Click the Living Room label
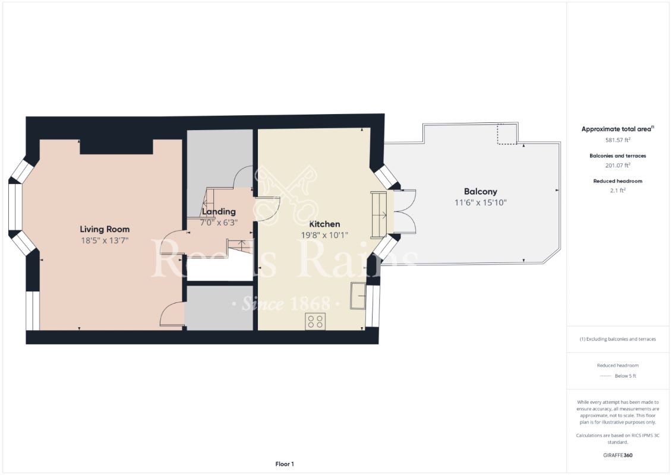coord(105,229)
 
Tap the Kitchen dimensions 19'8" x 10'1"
coord(324,235)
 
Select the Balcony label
coord(480,192)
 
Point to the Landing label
coord(219,211)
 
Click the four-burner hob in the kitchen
coord(316,321)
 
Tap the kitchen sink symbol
coord(358,296)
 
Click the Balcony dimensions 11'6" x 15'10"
coord(480,202)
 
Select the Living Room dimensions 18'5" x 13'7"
coord(105,240)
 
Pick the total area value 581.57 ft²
coord(617,140)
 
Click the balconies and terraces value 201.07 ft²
coord(617,166)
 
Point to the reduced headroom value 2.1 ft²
coord(617,191)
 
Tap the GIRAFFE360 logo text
coord(617,456)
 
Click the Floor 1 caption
coord(285,464)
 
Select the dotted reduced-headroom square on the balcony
coord(506,135)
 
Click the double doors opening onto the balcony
coord(405,213)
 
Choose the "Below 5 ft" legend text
coord(626,376)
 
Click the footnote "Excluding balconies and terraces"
coord(617,339)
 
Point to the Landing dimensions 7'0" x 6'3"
coord(219,222)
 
